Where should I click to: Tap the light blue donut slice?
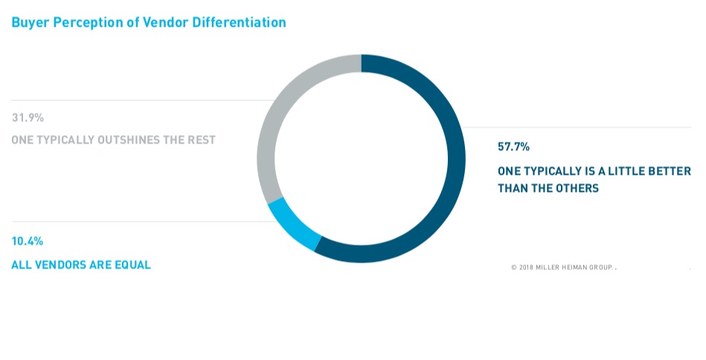292,228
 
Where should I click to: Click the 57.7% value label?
513,147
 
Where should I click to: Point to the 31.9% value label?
28,118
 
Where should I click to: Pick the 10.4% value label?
27,241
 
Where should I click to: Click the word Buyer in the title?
28,22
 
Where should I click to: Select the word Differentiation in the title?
240,22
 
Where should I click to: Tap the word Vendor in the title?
170,22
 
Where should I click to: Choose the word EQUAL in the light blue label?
132,265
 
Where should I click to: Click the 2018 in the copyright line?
526,267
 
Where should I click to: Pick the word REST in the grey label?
201,140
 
